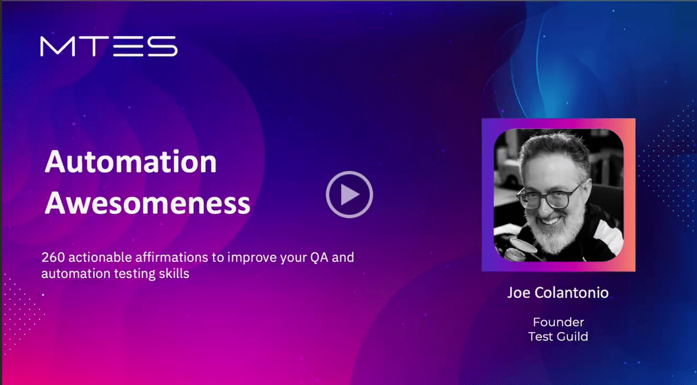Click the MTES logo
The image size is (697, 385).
tap(109, 46)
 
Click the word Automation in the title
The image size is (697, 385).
tap(131, 162)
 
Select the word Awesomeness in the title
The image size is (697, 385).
tap(147, 203)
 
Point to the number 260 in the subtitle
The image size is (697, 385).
tap(53, 258)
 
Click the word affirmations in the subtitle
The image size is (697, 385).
tap(172, 258)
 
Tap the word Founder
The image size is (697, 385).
tap(558, 322)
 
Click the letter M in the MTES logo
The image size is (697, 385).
tap(58, 46)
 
